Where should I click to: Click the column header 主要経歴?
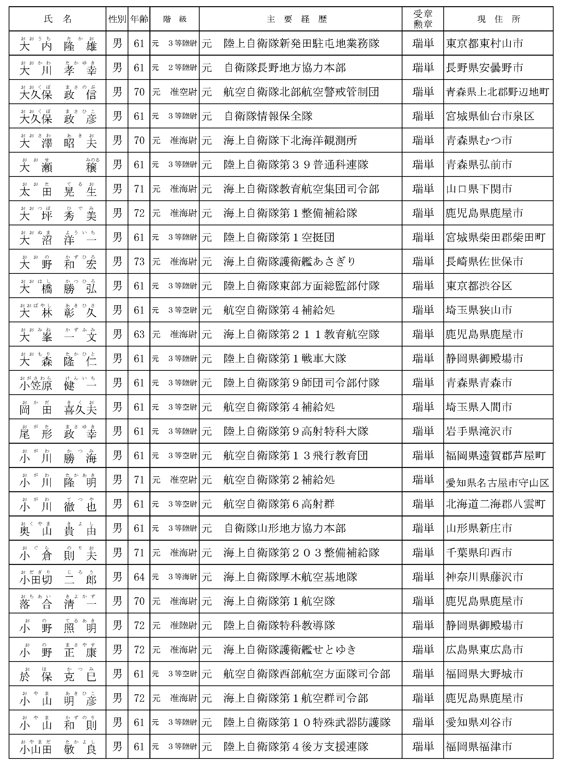(297, 19)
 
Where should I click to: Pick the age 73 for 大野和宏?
(139, 262)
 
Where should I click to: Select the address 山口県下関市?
(479, 189)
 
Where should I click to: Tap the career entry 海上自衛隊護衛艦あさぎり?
(290, 262)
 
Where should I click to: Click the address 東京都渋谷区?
(479, 286)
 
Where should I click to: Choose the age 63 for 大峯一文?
(139, 334)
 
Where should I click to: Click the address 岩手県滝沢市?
(479, 431)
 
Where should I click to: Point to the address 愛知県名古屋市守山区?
(497, 483)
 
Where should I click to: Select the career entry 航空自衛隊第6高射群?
(279, 504)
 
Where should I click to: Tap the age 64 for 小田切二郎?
(139, 577)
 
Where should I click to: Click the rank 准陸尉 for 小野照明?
(183, 625)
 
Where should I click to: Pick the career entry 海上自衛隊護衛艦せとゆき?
(290, 650)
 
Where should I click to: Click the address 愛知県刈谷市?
(479, 722)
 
